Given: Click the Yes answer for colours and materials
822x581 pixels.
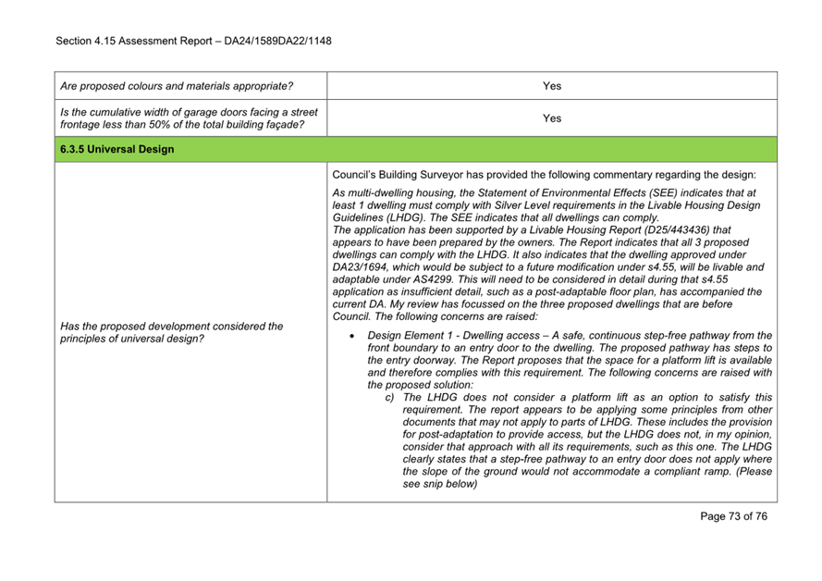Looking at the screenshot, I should click(x=552, y=86).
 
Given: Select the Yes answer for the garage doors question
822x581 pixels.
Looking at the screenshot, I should click(x=552, y=118).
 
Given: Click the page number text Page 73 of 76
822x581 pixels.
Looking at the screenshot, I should click(x=733, y=516).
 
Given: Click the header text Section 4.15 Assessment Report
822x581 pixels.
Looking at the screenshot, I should click(x=147, y=41).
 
